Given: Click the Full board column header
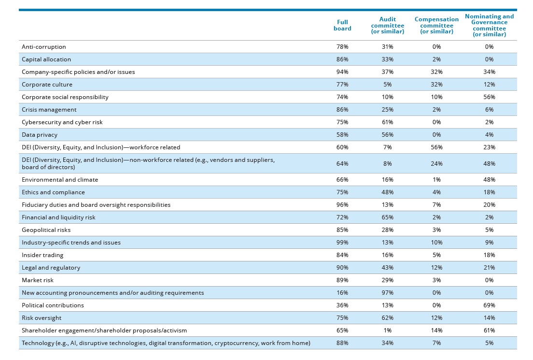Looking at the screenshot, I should click(x=342, y=25).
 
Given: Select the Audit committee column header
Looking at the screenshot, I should click(x=387, y=25).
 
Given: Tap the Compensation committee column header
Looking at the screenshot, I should click(x=436, y=25).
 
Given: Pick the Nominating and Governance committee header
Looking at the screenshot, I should click(x=489, y=25).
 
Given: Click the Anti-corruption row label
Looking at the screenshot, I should click(x=44, y=47).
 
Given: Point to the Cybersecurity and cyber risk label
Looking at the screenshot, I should click(x=62, y=122).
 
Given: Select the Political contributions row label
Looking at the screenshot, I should click(x=53, y=305).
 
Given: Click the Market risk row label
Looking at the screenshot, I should click(x=38, y=280).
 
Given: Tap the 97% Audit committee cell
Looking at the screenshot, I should click(x=387, y=293).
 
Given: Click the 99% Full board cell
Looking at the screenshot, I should click(x=342, y=243).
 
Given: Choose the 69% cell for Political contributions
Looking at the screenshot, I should click(x=489, y=305).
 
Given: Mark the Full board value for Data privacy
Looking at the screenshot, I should click(x=342, y=135).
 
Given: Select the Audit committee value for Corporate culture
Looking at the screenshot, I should click(x=387, y=85).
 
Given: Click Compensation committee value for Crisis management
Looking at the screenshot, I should click(x=436, y=110).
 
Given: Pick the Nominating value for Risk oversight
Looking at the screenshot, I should click(x=489, y=318).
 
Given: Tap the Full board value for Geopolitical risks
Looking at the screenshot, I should click(x=342, y=230).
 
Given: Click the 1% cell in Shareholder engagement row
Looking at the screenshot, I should click(x=387, y=331).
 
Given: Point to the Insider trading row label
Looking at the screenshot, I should click(x=42, y=255).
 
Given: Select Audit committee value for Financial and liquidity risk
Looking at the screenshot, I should click(x=387, y=217).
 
